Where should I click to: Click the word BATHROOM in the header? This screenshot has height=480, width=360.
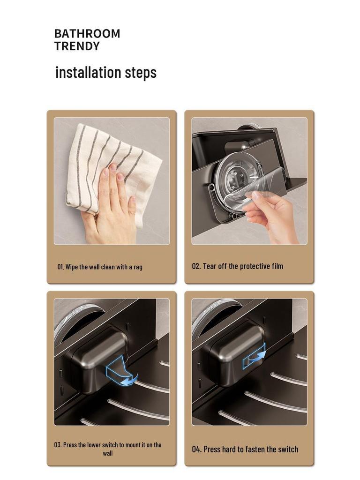87,34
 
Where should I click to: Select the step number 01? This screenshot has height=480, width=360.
60,267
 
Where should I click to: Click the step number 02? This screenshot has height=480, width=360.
196,266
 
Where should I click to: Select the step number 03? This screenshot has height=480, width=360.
58,445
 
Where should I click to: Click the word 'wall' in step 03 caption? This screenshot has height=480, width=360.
108,453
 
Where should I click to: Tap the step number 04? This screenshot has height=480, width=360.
197,449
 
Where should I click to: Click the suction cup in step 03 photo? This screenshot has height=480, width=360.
75,319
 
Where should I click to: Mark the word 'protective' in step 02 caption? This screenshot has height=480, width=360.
240,266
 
